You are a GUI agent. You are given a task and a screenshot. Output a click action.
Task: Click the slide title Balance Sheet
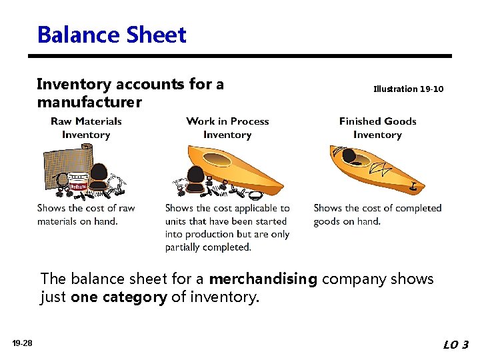(x=112, y=35)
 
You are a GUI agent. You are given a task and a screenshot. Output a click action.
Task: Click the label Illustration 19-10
(x=408, y=89)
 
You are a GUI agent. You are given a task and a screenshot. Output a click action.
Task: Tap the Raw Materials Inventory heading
(x=86, y=128)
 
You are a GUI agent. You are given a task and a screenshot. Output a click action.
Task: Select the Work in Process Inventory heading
(x=227, y=128)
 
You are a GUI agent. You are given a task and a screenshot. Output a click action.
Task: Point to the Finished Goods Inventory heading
(x=377, y=128)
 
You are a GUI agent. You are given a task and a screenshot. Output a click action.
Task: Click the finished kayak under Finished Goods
(x=377, y=167)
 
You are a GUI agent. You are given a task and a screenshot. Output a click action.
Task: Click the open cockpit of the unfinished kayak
(x=217, y=160)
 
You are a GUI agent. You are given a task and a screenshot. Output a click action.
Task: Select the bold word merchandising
(x=263, y=279)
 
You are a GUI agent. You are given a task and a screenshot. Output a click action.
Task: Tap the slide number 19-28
(x=22, y=343)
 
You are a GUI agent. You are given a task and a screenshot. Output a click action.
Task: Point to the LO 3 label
(x=455, y=345)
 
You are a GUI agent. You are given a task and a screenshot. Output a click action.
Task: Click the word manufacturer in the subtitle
(x=89, y=103)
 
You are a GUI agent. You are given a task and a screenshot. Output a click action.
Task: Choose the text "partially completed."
(x=208, y=247)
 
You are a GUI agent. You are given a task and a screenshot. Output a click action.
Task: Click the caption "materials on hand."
(x=77, y=221)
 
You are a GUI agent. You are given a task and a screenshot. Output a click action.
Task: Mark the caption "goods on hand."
(x=347, y=221)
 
